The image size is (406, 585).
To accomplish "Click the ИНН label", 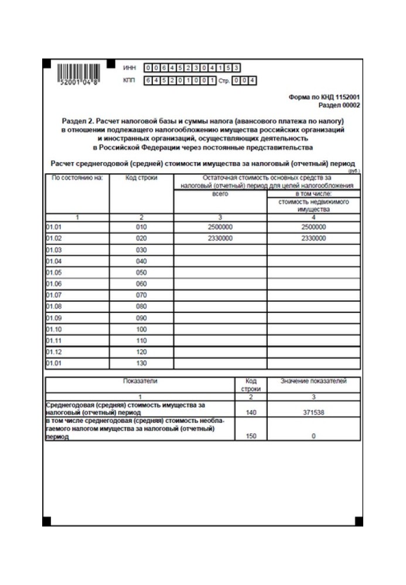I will (x=129, y=68).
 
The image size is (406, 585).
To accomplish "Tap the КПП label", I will (x=129, y=81).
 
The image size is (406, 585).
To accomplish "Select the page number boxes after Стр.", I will (x=244, y=81).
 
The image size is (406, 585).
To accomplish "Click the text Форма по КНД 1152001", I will (x=325, y=98).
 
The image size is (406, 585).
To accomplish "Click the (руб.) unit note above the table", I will (x=354, y=170).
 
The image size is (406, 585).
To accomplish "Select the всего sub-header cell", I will (x=220, y=193).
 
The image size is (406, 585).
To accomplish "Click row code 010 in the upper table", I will (x=141, y=227).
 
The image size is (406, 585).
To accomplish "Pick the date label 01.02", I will (x=53, y=238).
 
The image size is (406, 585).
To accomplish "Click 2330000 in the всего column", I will (x=220, y=238).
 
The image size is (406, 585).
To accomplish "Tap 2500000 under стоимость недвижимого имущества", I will (x=314, y=227).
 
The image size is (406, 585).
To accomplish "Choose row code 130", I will (x=141, y=363).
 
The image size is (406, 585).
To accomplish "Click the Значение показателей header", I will (x=313, y=381).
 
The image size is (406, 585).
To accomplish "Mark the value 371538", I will (x=313, y=412).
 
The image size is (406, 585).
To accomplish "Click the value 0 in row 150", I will (x=313, y=436).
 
